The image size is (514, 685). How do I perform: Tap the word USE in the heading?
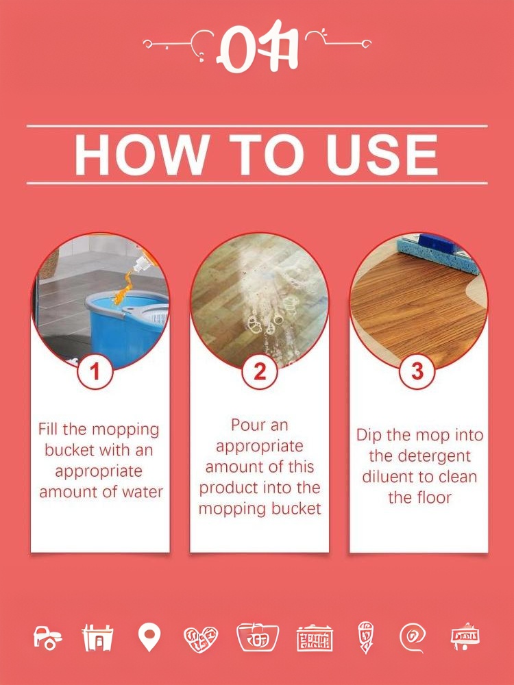pos(382,155)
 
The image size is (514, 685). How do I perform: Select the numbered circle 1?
pos(95,372)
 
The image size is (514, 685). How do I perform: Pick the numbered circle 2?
pos(260,372)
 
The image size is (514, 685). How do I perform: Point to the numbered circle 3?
pos(417,371)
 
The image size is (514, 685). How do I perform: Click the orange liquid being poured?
pos(123,288)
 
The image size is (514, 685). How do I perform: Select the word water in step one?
pos(142,492)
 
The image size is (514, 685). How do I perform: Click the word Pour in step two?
pos(247,425)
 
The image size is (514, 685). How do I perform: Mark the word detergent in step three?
pos(419,456)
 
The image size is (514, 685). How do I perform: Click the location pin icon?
pos(149,637)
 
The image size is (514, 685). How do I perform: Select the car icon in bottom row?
pos(48,637)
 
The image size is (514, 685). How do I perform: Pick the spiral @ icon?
pos(412,638)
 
